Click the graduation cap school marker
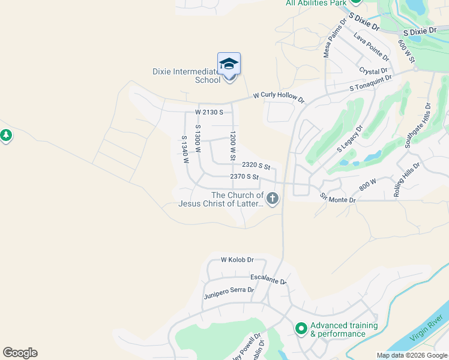pos(229,64)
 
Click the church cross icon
pos(273,199)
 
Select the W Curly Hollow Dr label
pos(279,95)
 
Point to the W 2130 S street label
pos(209,112)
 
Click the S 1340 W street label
pos(185,149)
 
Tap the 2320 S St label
pos(256,165)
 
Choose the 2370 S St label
pos(244,177)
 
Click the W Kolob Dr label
pos(237,260)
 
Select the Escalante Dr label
pos(268,280)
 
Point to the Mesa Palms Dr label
pos(334,38)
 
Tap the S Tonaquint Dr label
pos(371,83)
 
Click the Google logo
pos(20,353)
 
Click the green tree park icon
pos(6,136)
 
